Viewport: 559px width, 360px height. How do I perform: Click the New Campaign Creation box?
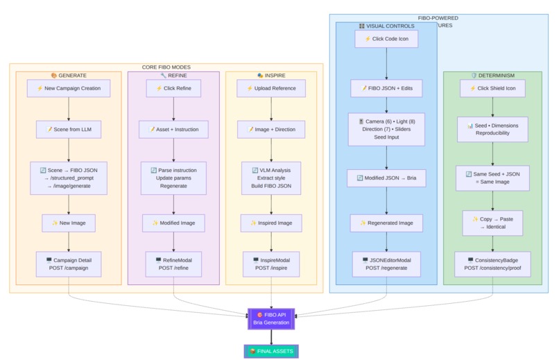(x=69, y=88)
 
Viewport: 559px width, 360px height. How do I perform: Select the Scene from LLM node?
(x=69, y=129)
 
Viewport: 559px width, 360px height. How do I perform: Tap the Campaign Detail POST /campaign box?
(x=69, y=264)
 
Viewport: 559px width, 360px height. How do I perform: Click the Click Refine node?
(x=173, y=88)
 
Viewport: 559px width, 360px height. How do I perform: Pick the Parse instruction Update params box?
(x=173, y=178)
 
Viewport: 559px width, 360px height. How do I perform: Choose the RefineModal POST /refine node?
(x=173, y=264)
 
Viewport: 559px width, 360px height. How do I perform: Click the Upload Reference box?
(x=271, y=88)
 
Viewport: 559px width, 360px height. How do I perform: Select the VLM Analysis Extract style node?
(x=271, y=178)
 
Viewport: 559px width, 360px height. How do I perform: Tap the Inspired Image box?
(x=271, y=223)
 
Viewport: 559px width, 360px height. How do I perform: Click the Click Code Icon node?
(x=386, y=39)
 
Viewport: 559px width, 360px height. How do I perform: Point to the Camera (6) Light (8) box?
(x=386, y=129)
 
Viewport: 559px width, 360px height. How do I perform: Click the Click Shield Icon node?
(x=492, y=88)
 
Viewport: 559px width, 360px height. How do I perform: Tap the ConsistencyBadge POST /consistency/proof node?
(x=492, y=264)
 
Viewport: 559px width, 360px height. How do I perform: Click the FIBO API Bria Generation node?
(x=271, y=318)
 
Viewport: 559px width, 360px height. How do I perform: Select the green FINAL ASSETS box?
(x=271, y=351)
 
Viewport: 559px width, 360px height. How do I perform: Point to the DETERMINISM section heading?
(x=492, y=75)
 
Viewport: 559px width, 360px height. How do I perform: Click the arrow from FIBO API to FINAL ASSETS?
(x=271, y=336)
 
